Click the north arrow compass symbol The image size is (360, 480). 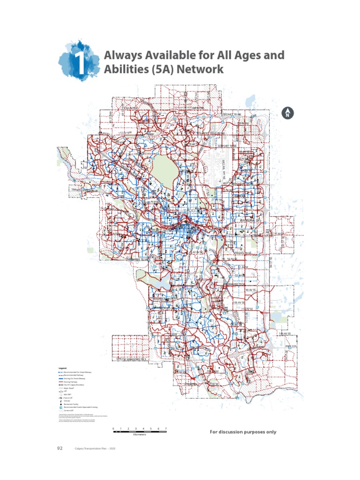pyautogui.click(x=288, y=112)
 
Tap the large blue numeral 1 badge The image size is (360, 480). pyautogui.click(x=78, y=63)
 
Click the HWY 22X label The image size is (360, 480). pyautogui.click(x=291, y=346)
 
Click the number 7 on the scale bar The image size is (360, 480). pyautogui.click(x=166, y=429)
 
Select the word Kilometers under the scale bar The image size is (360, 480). pyautogui.click(x=140, y=435)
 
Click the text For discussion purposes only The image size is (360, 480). pyautogui.click(x=243, y=432)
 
